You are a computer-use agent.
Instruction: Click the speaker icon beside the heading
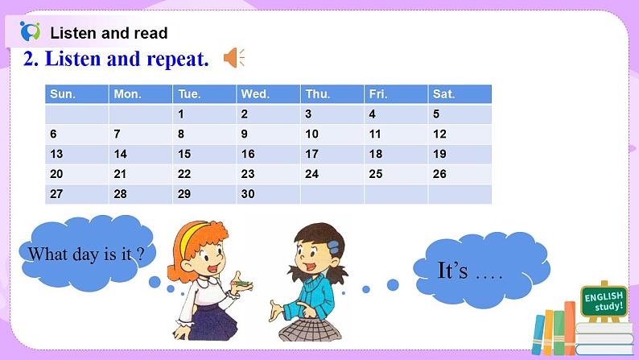coord(233,58)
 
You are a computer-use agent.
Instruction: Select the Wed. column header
coord(268,94)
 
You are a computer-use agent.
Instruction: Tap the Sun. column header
coord(76,94)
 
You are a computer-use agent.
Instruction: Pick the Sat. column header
coord(459,94)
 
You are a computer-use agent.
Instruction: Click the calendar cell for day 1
coord(204,114)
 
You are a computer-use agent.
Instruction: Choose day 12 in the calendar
coord(459,134)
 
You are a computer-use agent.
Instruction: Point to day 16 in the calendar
coord(268,154)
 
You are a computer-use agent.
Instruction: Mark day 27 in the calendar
coord(76,194)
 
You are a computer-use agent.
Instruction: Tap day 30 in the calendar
coord(268,194)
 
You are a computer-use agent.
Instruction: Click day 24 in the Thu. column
coord(332,174)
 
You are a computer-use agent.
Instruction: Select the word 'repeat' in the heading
coord(174,59)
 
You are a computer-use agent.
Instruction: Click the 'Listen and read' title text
coord(109,33)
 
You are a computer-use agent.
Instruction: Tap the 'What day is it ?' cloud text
coord(86,254)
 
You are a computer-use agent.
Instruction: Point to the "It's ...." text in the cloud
coord(469,271)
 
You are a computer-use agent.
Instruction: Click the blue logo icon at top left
coord(30,32)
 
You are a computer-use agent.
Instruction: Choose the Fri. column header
coord(395,94)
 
